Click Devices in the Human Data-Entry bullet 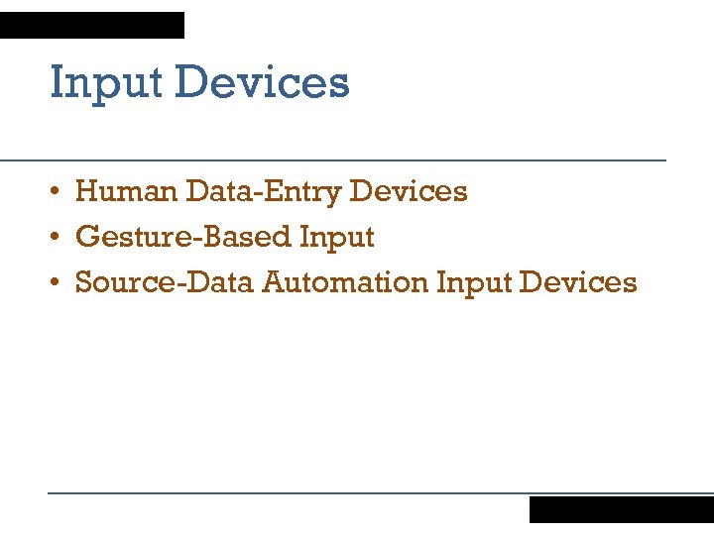click(409, 190)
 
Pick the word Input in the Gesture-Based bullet click(337, 238)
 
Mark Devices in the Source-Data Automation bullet click(578, 282)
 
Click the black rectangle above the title click(92, 25)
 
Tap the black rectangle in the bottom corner click(621, 509)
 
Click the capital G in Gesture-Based click(87, 237)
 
